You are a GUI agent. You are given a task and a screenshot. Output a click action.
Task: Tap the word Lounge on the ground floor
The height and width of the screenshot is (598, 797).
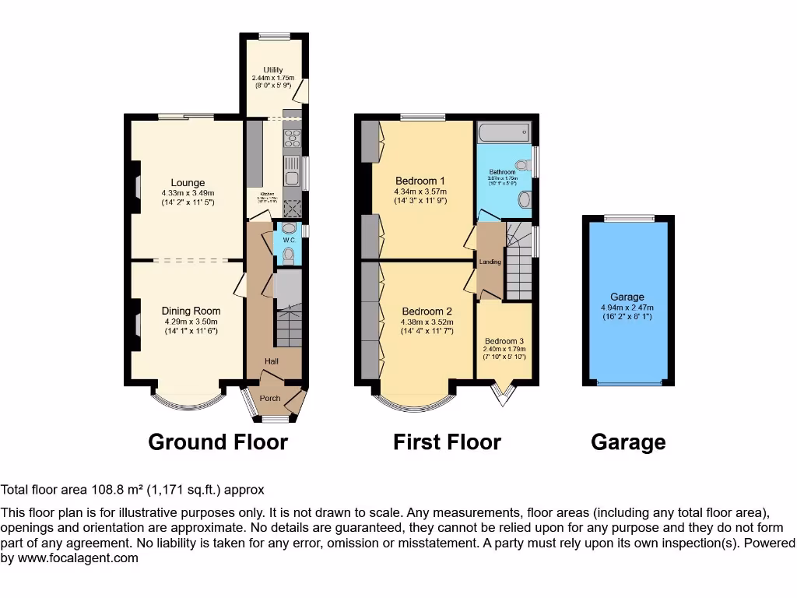(188, 183)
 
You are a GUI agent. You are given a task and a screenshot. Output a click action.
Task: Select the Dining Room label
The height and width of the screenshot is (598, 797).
(191, 311)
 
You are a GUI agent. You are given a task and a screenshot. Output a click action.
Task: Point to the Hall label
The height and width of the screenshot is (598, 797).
(271, 361)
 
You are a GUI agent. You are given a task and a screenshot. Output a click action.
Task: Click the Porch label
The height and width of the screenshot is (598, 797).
(270, 399)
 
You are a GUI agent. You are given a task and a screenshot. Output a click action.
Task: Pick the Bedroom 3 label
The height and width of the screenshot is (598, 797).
(504, 341)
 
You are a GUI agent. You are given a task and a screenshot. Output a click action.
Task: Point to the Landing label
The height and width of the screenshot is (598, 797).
(490, 262)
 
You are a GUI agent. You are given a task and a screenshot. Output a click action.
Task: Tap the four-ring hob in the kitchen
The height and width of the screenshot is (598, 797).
(293, 139)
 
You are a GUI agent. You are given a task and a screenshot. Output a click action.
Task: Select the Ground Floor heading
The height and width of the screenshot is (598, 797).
(218, 442)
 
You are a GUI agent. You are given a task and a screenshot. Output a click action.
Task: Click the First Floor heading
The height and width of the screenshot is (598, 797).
(447, 442)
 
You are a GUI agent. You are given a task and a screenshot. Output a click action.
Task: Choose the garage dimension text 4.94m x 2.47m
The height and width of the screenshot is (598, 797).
(627, 308)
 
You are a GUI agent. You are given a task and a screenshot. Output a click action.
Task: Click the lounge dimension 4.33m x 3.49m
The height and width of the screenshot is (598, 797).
(188, 193)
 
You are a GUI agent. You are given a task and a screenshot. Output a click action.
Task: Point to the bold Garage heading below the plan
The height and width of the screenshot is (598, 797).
(628, 442)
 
